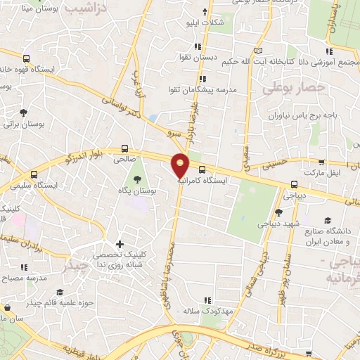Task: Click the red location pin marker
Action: pyautogui.click(x=181, y=164)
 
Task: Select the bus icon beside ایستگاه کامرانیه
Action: pyautogui.click(x=202, y=169)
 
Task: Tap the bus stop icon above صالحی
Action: pyautogui.click(x=124, y=148)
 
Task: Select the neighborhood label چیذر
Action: pyautogui.click(x=76, y=268)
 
